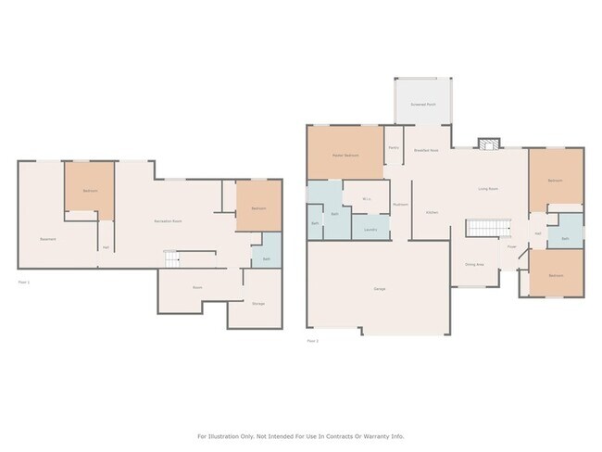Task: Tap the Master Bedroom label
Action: pos(345,155)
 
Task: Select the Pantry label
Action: pos(394,147)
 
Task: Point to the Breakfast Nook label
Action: pos(427,150)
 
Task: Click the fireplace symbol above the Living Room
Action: pos(487,144)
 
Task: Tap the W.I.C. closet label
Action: pos(367,198)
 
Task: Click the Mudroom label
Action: pos(401,204)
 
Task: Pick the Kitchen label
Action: pos(432,212)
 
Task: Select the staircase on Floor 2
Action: pos(487,228)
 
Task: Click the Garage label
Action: pos(380,290)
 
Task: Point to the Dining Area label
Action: pos(473,263)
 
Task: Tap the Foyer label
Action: pos(511,246)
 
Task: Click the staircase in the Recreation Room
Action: pos(174,257)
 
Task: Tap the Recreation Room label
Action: pos(168,220)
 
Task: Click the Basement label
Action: pos(48,240)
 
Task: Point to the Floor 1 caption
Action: pos(24,282)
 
